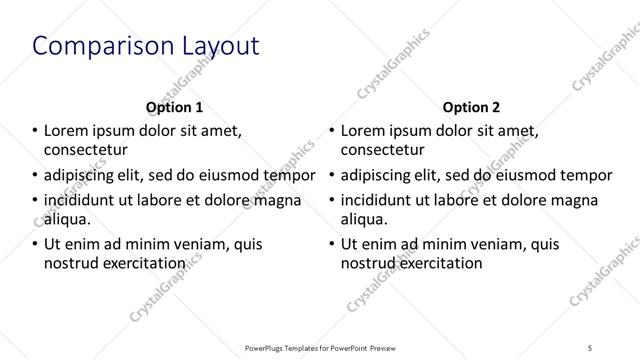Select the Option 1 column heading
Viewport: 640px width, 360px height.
click(175, 107)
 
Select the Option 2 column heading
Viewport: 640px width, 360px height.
click(472, 107)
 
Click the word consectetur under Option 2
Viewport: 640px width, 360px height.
click(383, 150)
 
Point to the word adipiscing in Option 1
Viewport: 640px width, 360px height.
click(79, 175)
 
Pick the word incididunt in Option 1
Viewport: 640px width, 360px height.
click(82, 199)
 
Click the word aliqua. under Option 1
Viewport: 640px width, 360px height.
click(67, 219)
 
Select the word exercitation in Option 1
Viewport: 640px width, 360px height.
click(143, 264)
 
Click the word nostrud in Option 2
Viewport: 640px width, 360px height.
click(369, 264)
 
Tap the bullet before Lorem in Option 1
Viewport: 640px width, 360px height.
click(34, 130)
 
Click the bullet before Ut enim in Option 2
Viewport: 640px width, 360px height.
click(332, 244)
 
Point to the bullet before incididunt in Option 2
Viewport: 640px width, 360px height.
click(332, 199)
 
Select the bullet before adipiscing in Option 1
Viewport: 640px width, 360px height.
click(34, 175)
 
